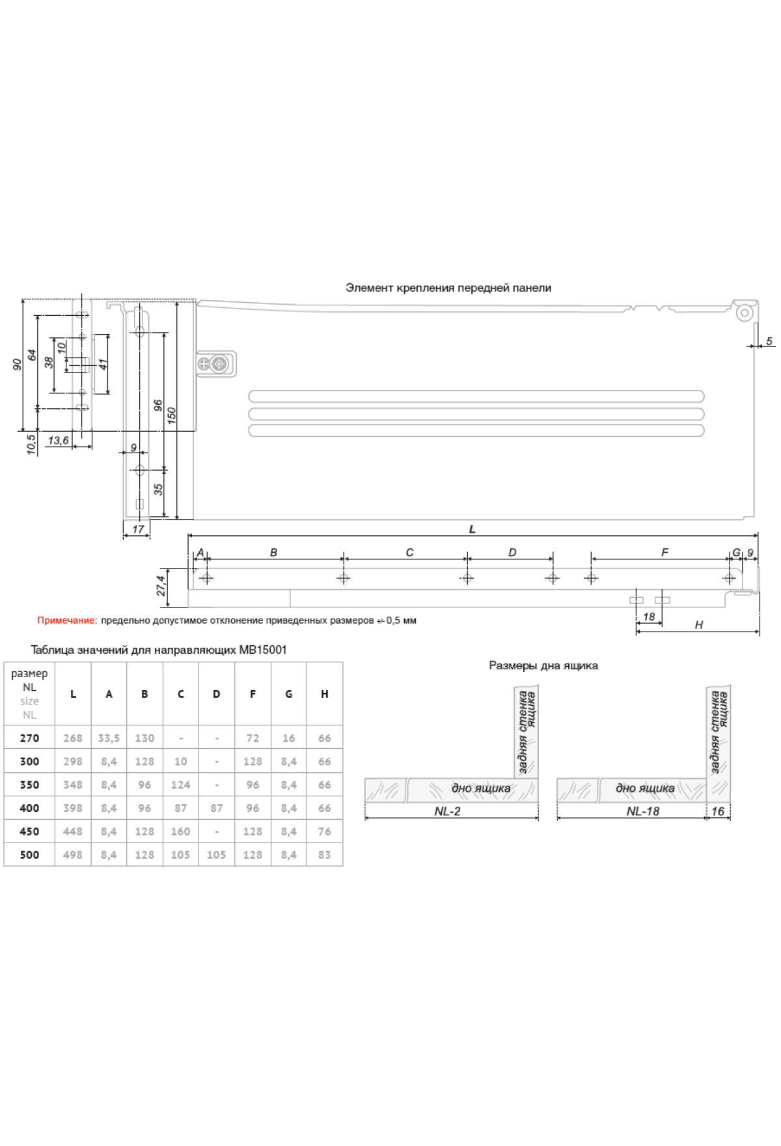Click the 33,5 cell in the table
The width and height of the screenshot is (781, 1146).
(109, 738)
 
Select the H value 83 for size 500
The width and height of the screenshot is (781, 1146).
(324, 854)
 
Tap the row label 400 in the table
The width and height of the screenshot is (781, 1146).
(29, 808)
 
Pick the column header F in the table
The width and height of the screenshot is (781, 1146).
(253, 694)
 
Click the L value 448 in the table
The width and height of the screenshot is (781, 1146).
(73, 832)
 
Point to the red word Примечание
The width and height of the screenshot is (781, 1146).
(67, 621)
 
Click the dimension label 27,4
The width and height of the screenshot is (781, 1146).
(161, 585)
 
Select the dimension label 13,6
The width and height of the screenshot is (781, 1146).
(59, 440)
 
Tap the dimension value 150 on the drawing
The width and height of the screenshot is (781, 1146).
(171, 415)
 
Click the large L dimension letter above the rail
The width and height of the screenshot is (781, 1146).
(473, 529)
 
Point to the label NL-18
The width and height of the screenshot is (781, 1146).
(643, 811)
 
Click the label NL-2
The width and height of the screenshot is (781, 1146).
(448, 811)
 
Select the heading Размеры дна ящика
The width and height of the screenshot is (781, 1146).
(543, 665)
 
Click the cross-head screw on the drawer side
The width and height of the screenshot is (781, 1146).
(219, 363)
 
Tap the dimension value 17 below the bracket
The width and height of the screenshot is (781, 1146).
(138, 529)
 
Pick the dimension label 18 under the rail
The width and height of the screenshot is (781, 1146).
(649, 617)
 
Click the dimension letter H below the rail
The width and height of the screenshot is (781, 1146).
(699, 625)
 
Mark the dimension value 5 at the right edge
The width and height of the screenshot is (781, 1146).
(769, 341)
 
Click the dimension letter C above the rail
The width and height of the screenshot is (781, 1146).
(409, 552)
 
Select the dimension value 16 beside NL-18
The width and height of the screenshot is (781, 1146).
(718, 811)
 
